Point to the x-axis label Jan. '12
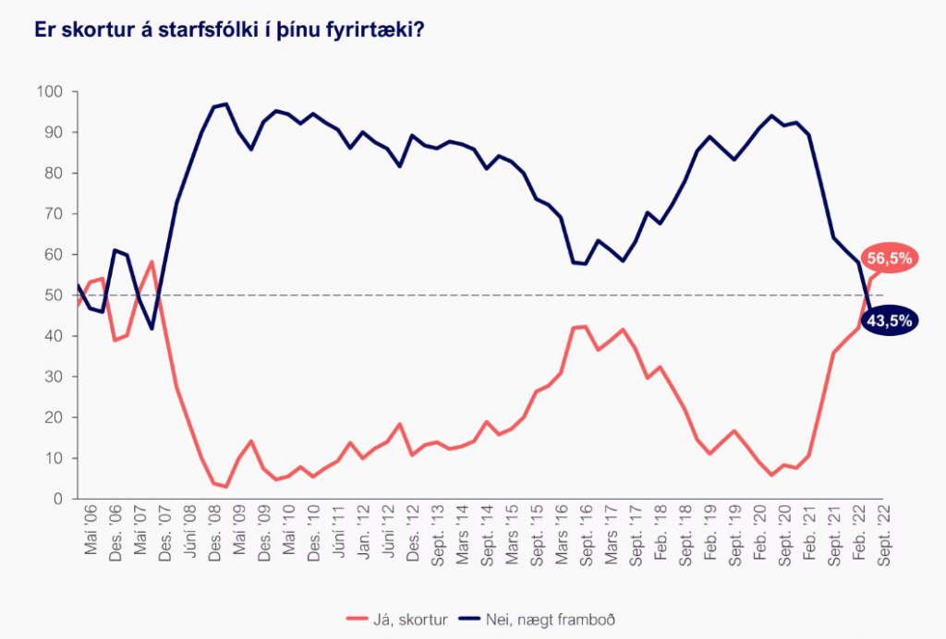(365, 529)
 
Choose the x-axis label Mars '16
(559, 529)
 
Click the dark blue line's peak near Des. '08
(226, 104)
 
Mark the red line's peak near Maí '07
(151, 261)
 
